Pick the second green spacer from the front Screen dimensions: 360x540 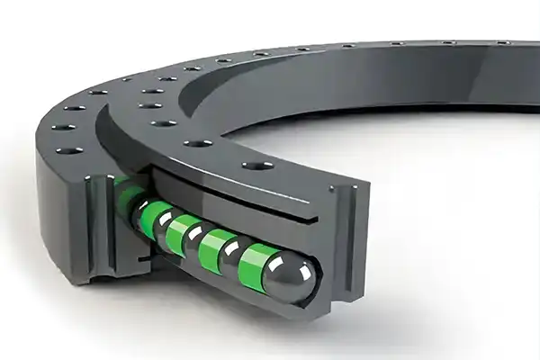coord(217,239)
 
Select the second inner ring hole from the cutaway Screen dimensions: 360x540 coord(199,142)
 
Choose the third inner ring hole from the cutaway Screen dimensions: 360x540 coord(165,122)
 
